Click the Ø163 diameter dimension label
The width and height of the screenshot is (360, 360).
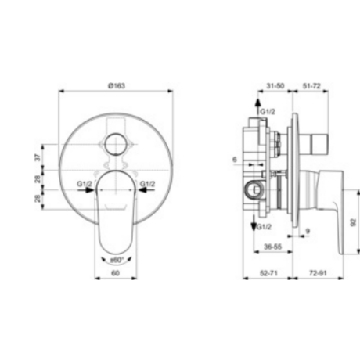point(117,85)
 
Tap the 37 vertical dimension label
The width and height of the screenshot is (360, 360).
point(38,157)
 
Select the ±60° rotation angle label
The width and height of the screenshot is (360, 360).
point(117,260)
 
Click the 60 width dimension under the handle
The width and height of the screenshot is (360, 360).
point(115,273)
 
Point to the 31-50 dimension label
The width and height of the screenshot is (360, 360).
point(275,85)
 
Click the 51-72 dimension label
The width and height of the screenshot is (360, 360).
point(311,85)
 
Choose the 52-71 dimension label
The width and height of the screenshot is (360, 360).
point(268,273)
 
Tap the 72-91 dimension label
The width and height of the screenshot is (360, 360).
point(318,273)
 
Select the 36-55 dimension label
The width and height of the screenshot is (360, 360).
point(273,247)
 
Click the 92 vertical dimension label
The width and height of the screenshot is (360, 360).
point(353,222)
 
